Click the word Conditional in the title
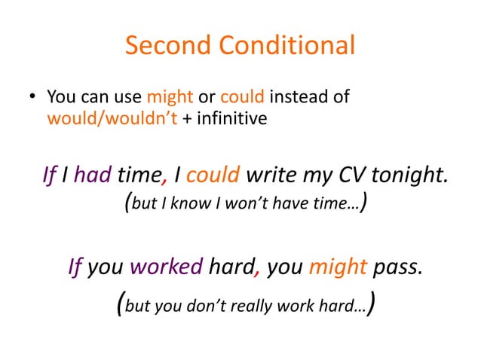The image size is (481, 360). [x=287, y=46]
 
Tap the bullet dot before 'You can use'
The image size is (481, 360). [x=32, y=99]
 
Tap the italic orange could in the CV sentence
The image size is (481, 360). [x=213, y=175]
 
